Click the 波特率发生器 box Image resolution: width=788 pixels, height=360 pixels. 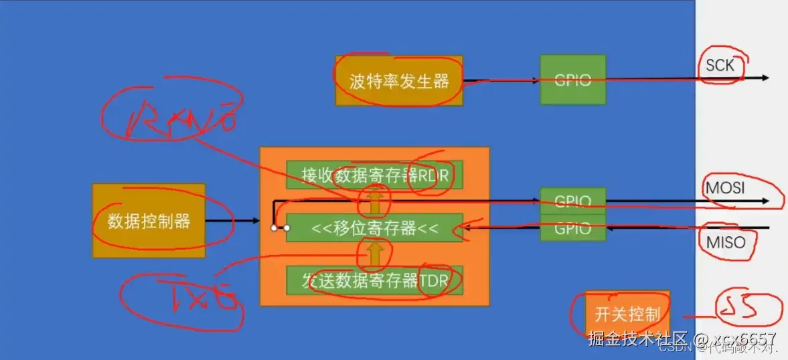(x=399, y=81)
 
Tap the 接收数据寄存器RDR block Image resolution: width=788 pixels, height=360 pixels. (x=375, y=175)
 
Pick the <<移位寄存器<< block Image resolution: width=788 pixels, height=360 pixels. (x=375, y=228)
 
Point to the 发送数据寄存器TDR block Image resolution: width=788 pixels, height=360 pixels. (x=375, y=280)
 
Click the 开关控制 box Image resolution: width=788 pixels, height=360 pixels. (x=627, y=313)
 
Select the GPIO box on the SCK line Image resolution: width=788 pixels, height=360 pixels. (x=572, y=80)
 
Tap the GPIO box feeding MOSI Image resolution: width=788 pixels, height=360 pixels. (x=572, y=201)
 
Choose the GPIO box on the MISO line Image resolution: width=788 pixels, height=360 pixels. (x=572, y=228)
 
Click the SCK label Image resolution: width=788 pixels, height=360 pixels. (x=720, y=66)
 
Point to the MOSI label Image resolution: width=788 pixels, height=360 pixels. (x=724, y=188)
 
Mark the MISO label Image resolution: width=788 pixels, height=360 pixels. (x=725, y=242)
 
